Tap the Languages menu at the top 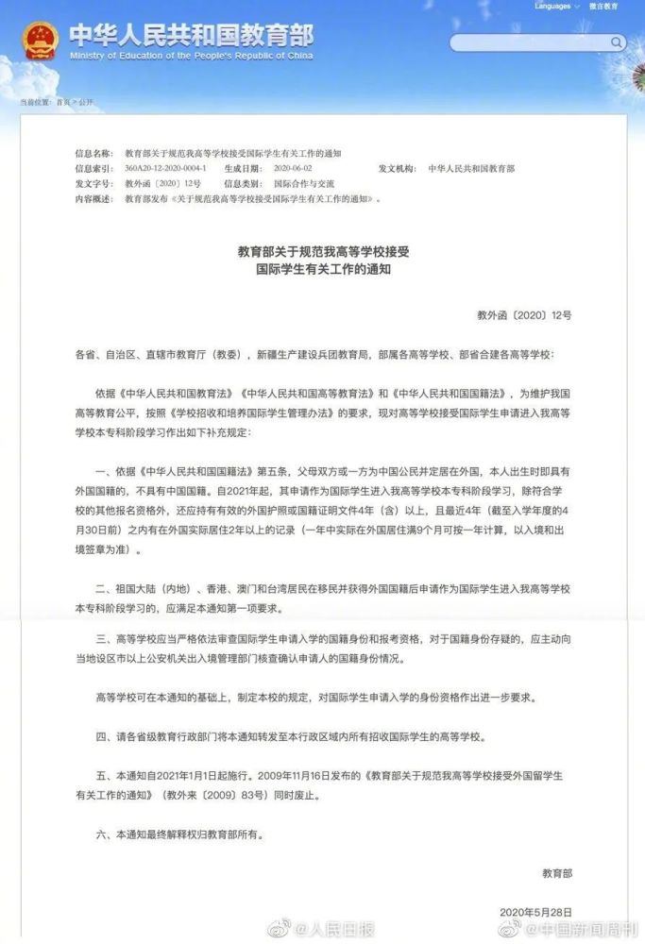(555, 6)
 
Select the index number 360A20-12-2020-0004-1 (165, 168)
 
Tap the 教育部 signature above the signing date (556, 871)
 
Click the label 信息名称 (93, 153)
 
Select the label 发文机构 (397, 168)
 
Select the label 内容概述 (93, 199)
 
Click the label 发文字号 (93, 183)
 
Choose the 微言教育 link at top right (603, 6)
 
